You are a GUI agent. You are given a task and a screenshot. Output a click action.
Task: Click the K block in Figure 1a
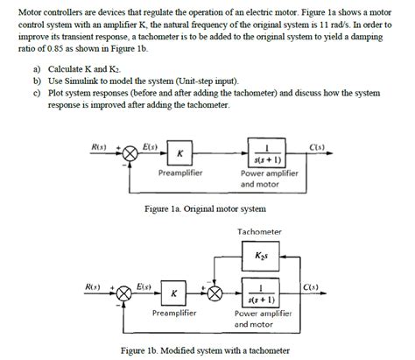[179, 153]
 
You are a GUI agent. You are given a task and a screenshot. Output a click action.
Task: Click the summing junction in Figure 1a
[130, 154]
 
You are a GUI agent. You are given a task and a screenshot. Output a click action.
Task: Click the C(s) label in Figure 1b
[310, 286]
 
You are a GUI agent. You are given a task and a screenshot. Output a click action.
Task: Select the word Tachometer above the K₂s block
[259, 231]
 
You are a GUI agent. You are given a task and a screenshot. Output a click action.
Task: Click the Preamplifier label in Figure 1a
[180, 173]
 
